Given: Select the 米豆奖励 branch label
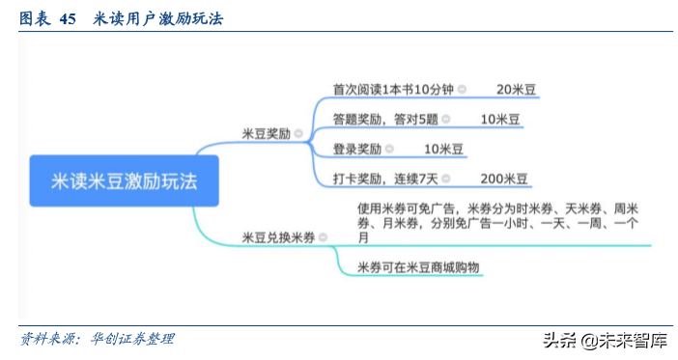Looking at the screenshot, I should tap(266, 134).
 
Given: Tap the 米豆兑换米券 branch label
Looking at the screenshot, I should tap(278, 236).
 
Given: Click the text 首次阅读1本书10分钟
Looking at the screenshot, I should tap(393, 90).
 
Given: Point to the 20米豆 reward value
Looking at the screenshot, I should tap(516, 90).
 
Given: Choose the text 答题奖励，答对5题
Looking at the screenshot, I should tap(385, 120).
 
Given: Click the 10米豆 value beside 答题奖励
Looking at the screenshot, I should tap(500, 120).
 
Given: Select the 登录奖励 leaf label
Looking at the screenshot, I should tap(356, 150).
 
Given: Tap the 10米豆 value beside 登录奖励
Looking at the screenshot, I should tap(443, 150).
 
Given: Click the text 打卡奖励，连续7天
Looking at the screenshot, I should tap(385, 179).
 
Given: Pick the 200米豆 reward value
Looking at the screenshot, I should tap(503, 179).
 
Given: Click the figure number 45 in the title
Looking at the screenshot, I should tap(68, 17).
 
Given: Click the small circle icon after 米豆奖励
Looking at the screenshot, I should tap(298, 134).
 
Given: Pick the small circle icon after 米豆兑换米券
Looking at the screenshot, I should tap(323, 236).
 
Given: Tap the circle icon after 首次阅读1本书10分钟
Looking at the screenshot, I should tap(462, 90).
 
